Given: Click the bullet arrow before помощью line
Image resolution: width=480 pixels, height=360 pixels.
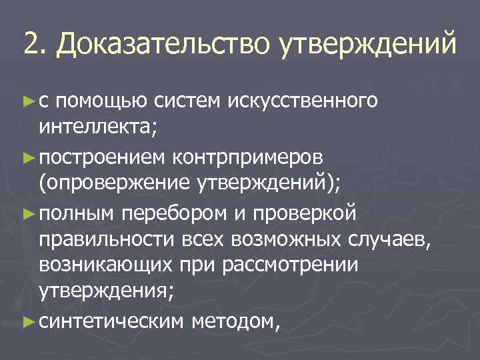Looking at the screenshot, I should [x=27, y=102].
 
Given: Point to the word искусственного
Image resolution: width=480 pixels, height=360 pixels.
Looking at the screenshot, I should [x=303, y=102].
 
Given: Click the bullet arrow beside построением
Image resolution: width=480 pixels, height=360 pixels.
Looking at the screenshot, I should [x=27, y=157].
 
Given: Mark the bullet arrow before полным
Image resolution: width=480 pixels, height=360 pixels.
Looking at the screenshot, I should [x=27, y=213].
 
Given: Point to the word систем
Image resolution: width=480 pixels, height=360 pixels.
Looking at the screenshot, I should [x=187, y=102].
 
